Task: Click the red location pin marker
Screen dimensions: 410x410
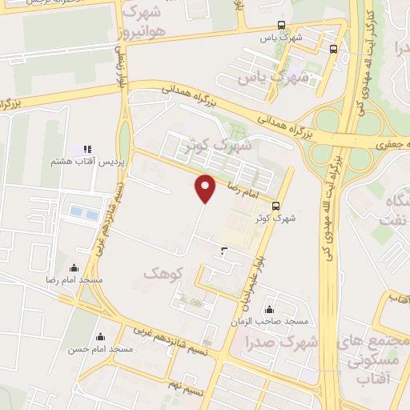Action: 207,188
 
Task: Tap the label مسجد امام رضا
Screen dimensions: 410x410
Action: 74,280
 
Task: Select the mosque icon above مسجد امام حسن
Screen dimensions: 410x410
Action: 100,337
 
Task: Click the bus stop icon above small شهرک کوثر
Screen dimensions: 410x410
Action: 276,204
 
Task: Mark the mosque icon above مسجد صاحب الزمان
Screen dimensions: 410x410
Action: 269,310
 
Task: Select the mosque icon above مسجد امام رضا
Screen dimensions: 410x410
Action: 74,268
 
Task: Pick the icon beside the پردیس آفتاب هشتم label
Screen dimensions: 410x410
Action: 87,150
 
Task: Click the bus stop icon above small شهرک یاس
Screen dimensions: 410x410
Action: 280,25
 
